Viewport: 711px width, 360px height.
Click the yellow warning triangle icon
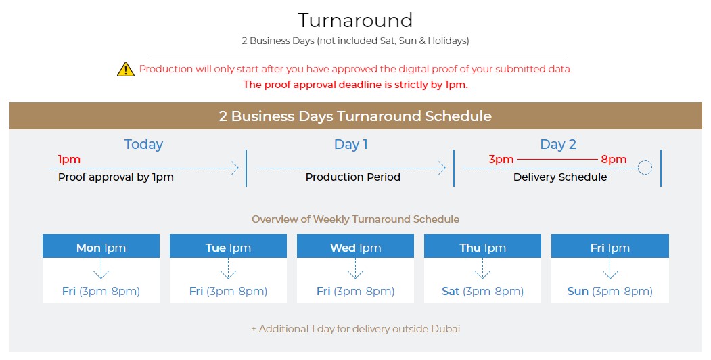coord(126,70)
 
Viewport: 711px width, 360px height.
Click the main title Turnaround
coord(355,20)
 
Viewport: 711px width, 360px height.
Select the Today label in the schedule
coord(143,144)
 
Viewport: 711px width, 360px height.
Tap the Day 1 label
coord(351,144)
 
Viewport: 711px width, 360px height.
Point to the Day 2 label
coord(557,144)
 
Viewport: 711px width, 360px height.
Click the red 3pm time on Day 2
coord(501,159)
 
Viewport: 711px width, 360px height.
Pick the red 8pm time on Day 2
coord(614,159)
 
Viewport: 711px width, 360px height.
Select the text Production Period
coord(352,177)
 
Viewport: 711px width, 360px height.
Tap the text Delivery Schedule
coord(560,177)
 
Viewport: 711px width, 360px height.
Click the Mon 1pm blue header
coord(101,246)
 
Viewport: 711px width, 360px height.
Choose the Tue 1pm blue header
coord(228,246)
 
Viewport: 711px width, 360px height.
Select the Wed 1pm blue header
coord(356,246)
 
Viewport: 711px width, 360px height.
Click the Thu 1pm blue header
coord(482,246)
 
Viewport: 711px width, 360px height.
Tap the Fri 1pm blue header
coord(610,246)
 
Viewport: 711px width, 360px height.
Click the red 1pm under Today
coord(69,159)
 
